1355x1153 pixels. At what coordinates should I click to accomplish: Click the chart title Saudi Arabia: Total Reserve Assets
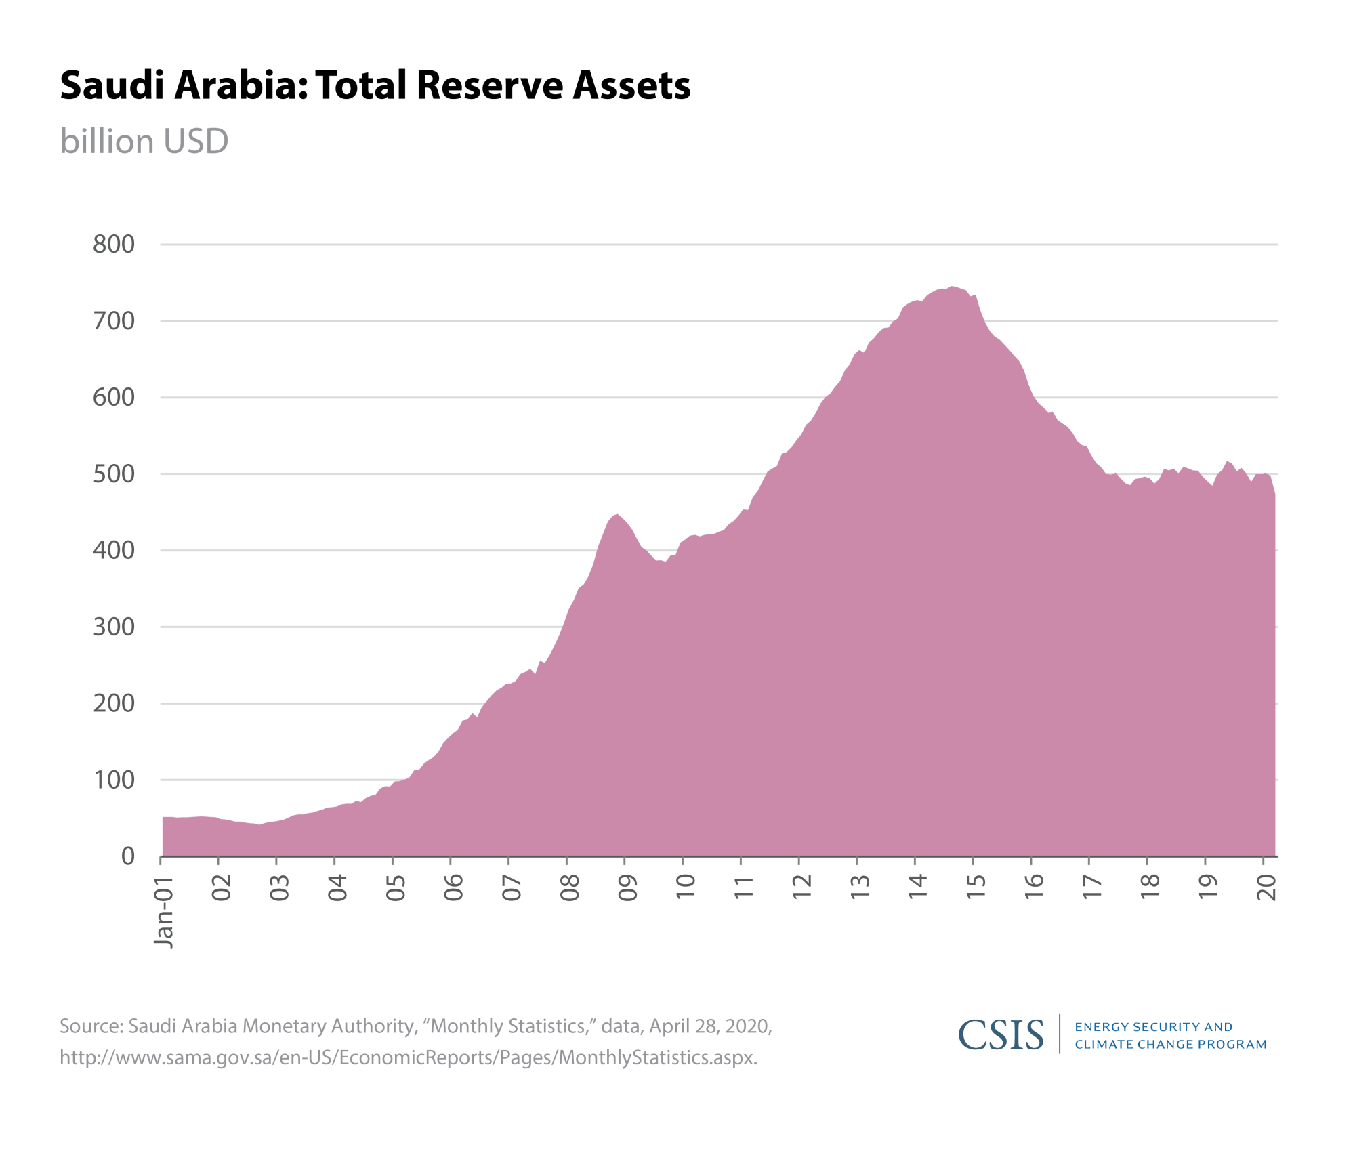click(375, 85)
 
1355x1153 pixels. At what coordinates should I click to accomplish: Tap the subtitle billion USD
click(144, 142)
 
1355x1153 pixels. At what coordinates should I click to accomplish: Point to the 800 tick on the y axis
click(114, 244)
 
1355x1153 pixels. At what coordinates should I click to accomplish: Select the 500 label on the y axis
click(114, 474)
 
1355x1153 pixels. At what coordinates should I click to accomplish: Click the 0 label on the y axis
click(127, 856)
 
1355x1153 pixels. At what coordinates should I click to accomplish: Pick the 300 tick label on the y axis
click(114, 627)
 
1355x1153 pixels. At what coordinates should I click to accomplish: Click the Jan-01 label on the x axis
click(164, 910)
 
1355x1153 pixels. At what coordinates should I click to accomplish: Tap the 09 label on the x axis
click(628, 887)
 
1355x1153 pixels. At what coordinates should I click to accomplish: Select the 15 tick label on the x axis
click(976, 887)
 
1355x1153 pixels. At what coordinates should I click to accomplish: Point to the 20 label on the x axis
click(1266, 887)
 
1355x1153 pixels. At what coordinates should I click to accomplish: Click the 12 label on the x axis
click(802, 887)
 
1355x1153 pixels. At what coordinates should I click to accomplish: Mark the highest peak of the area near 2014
click(952, 287)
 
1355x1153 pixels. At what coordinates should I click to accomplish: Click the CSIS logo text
click(1001, 1034)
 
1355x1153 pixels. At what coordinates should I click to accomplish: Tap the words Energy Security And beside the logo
click(1153, 1027)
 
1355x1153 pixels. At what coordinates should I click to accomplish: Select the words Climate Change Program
click(1170, 1044)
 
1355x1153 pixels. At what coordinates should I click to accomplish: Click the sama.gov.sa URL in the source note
click(408, 1057)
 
